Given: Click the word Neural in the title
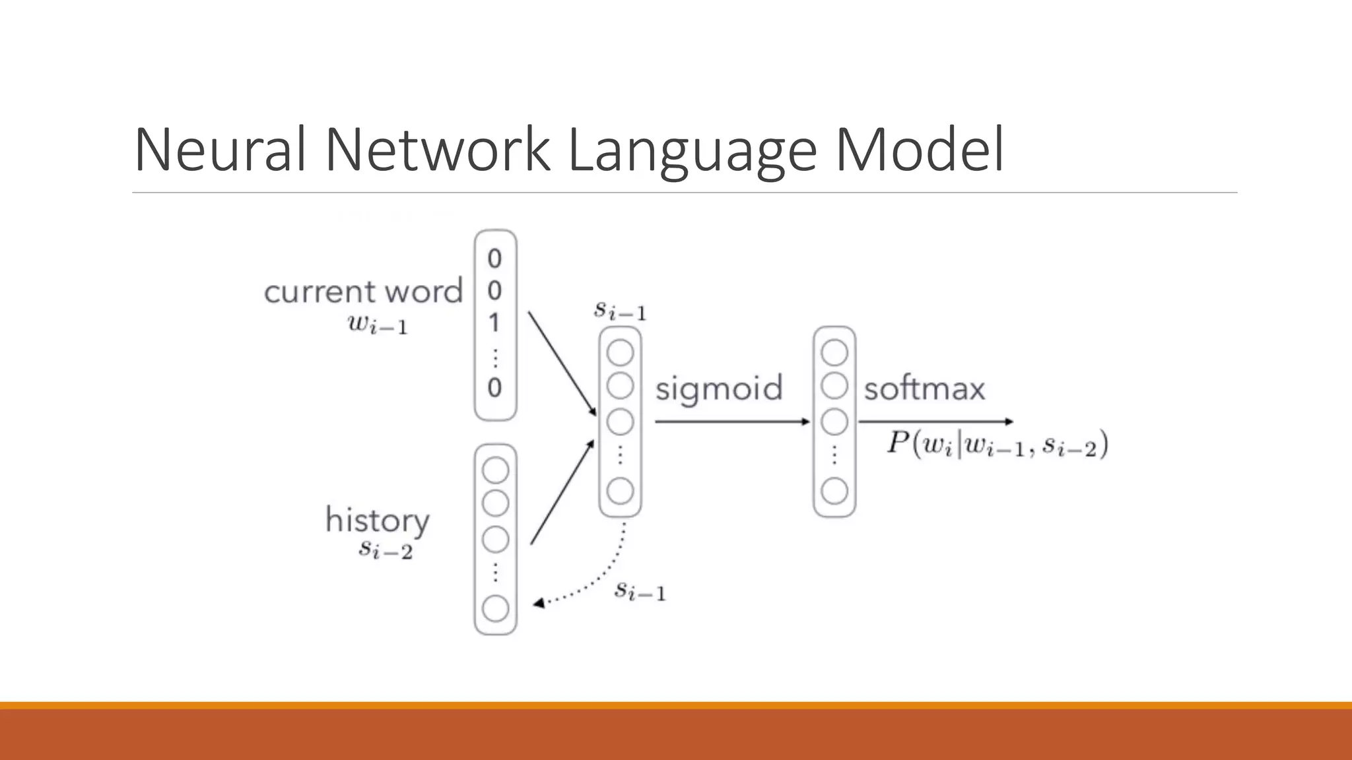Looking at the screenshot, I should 220,150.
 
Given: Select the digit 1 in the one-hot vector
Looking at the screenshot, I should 494,323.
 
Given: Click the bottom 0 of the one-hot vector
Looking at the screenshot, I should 494,388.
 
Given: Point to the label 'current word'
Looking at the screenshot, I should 363,292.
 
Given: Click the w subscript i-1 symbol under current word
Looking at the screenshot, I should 378,325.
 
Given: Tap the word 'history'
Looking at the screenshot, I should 377,521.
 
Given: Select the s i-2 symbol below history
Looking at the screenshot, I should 386,549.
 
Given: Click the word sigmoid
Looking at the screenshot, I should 718,389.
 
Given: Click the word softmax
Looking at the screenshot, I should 924,389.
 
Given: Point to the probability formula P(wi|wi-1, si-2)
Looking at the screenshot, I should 997,444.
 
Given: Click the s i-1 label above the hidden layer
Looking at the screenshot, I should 620,310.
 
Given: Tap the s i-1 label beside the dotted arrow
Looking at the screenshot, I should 640,590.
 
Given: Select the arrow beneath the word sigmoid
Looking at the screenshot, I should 731,422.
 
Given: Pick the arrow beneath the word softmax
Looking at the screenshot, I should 935,422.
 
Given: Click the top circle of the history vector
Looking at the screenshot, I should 496,470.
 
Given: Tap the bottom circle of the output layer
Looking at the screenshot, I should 834,491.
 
